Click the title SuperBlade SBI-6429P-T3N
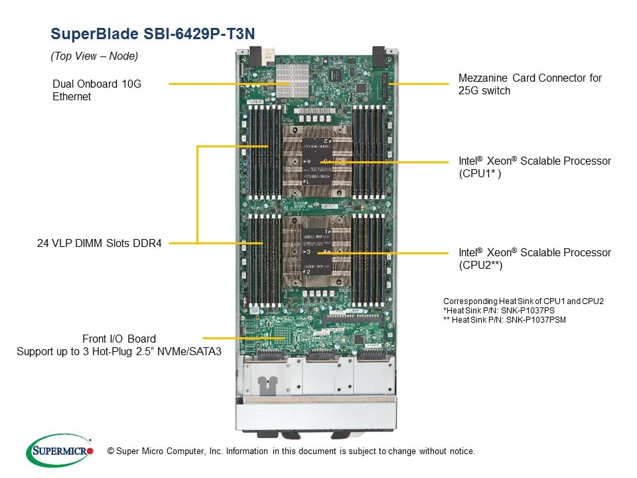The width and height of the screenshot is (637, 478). pos(153,34)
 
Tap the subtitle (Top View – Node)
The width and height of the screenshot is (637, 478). pos(94,56)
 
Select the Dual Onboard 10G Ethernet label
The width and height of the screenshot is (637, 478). pos(97,90)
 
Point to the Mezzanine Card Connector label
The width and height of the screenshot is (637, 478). pos(530,84)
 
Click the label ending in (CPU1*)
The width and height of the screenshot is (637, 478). pos(535,167)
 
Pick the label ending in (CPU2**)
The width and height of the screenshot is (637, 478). pos(535,258)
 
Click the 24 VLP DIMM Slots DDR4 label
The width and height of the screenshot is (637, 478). pos(99,243)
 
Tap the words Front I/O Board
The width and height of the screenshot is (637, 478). pos(119,339)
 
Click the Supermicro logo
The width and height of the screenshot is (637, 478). pos(59,451)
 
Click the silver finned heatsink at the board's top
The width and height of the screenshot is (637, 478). pos(292,80)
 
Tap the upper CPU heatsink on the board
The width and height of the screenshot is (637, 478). pos(317,161)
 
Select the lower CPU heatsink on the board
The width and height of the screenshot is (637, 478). pos(317,251)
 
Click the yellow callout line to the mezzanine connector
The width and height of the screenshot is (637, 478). pos(419,84)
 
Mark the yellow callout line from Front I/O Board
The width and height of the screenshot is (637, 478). pos(244,338)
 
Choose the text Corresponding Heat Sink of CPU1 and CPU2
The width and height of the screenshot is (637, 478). pos(524,301)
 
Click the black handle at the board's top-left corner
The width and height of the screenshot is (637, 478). pos(255,56)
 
